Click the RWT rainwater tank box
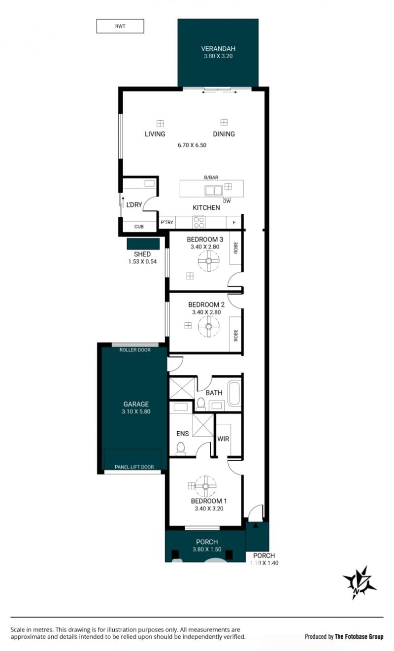[120, 26]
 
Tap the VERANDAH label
[218, 48]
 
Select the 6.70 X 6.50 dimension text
[192, 145]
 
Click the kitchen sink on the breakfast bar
[213, 191]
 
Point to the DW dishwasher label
[227, 201]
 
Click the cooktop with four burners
[199, 222]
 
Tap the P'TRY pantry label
[167, 222]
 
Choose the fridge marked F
[234, 222]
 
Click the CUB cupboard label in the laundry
[139, 227]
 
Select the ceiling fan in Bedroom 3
[208, 261]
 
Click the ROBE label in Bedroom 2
[235, 336]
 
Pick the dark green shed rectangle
[143, 244]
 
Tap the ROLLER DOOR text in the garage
[135, 350]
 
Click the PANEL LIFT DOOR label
[134, 467]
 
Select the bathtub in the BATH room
[234, 394]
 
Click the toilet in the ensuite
[180, 448]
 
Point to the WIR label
[223, 439]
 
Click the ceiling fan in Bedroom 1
[205, 486]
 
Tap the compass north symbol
[359, 582]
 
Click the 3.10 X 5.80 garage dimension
[136, 411]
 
